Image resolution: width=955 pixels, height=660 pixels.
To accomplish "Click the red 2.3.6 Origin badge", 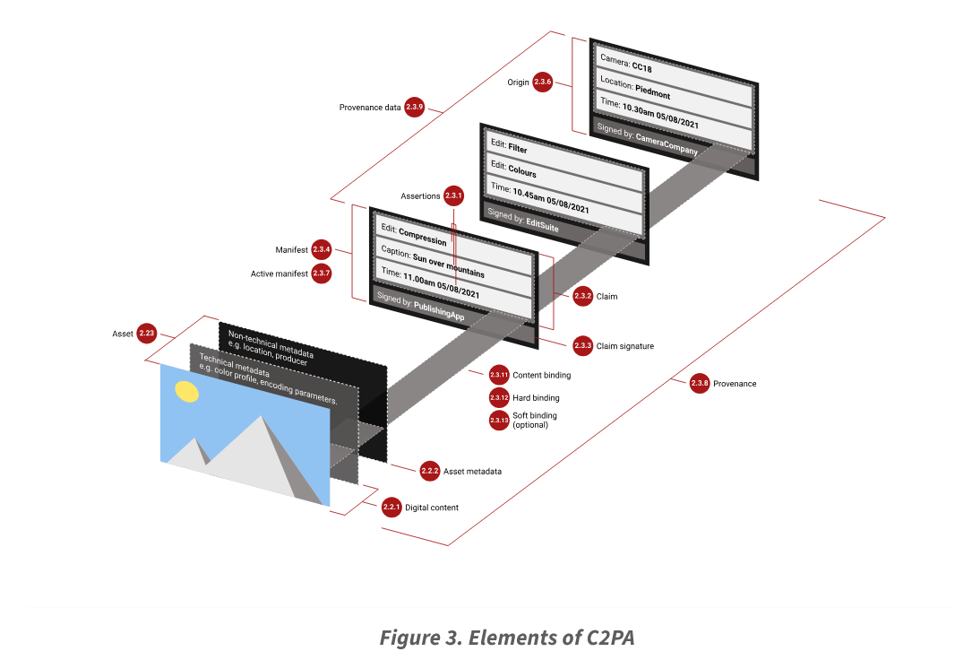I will [x=542, y=82].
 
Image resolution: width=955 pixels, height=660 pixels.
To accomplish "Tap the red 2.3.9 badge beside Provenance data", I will [x=414, y=107].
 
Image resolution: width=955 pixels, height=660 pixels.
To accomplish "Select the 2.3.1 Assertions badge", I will [x=454, y=195].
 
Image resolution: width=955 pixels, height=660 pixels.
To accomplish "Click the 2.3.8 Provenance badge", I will [x=701, y=384].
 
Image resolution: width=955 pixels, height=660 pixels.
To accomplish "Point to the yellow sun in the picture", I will [x=187, y=391].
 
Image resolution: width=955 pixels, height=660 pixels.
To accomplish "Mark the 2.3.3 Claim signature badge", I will [x=582, y=345].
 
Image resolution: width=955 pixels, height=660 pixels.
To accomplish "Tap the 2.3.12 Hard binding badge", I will [x=499, y=397].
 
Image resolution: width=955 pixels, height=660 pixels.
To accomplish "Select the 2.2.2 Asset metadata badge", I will [x=430, y=471].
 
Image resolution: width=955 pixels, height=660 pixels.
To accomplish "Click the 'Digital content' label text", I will [x=432, y=508].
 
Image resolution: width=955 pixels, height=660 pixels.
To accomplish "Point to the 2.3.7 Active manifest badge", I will [x=322, y=274].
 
